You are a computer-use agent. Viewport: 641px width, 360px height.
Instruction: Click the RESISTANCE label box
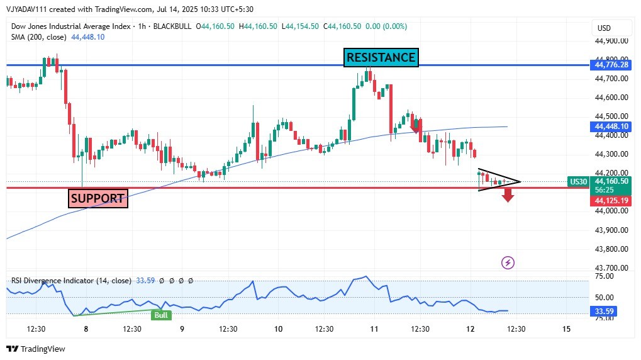381,57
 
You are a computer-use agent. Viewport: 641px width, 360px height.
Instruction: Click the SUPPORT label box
98,198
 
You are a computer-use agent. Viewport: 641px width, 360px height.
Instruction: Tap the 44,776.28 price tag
610,65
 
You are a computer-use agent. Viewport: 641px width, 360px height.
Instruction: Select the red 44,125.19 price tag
610,201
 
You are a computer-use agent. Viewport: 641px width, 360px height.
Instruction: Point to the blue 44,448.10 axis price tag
610,127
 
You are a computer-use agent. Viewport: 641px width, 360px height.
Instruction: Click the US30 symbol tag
578,181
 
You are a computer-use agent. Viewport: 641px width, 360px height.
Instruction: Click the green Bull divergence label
162,315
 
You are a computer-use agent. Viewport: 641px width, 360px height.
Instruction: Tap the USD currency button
604,28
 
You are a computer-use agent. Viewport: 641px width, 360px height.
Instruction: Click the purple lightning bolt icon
508,262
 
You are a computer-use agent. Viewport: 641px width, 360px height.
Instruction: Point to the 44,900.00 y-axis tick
611,41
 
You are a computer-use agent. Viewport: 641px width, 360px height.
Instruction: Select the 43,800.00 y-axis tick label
611,249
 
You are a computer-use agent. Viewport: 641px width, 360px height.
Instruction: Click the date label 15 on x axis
566,329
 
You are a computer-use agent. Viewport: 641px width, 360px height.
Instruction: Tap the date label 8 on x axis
86,329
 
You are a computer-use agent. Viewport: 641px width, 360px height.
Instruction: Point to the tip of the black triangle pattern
520,182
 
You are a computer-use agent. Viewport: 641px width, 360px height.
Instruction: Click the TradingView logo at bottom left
36,349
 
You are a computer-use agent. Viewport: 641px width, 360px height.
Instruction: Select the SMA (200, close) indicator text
38,37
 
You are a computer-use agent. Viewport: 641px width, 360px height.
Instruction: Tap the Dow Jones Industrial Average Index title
70,26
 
